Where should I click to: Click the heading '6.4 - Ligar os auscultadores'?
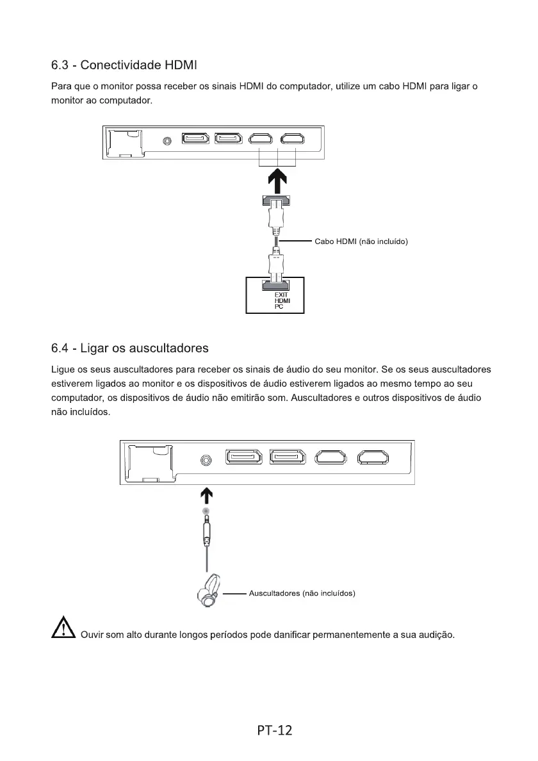tap(130, 348)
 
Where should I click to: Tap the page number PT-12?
tap(275, 730)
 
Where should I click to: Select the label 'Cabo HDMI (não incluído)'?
tap(361, 241)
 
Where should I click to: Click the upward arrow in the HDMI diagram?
tap(277, 181)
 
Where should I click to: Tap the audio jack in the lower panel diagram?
tap(206, 460)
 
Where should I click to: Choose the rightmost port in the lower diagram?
tap(373, 457)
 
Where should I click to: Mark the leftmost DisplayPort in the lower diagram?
tap(243, 457)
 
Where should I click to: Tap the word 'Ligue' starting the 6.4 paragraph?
tap(63, 370)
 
